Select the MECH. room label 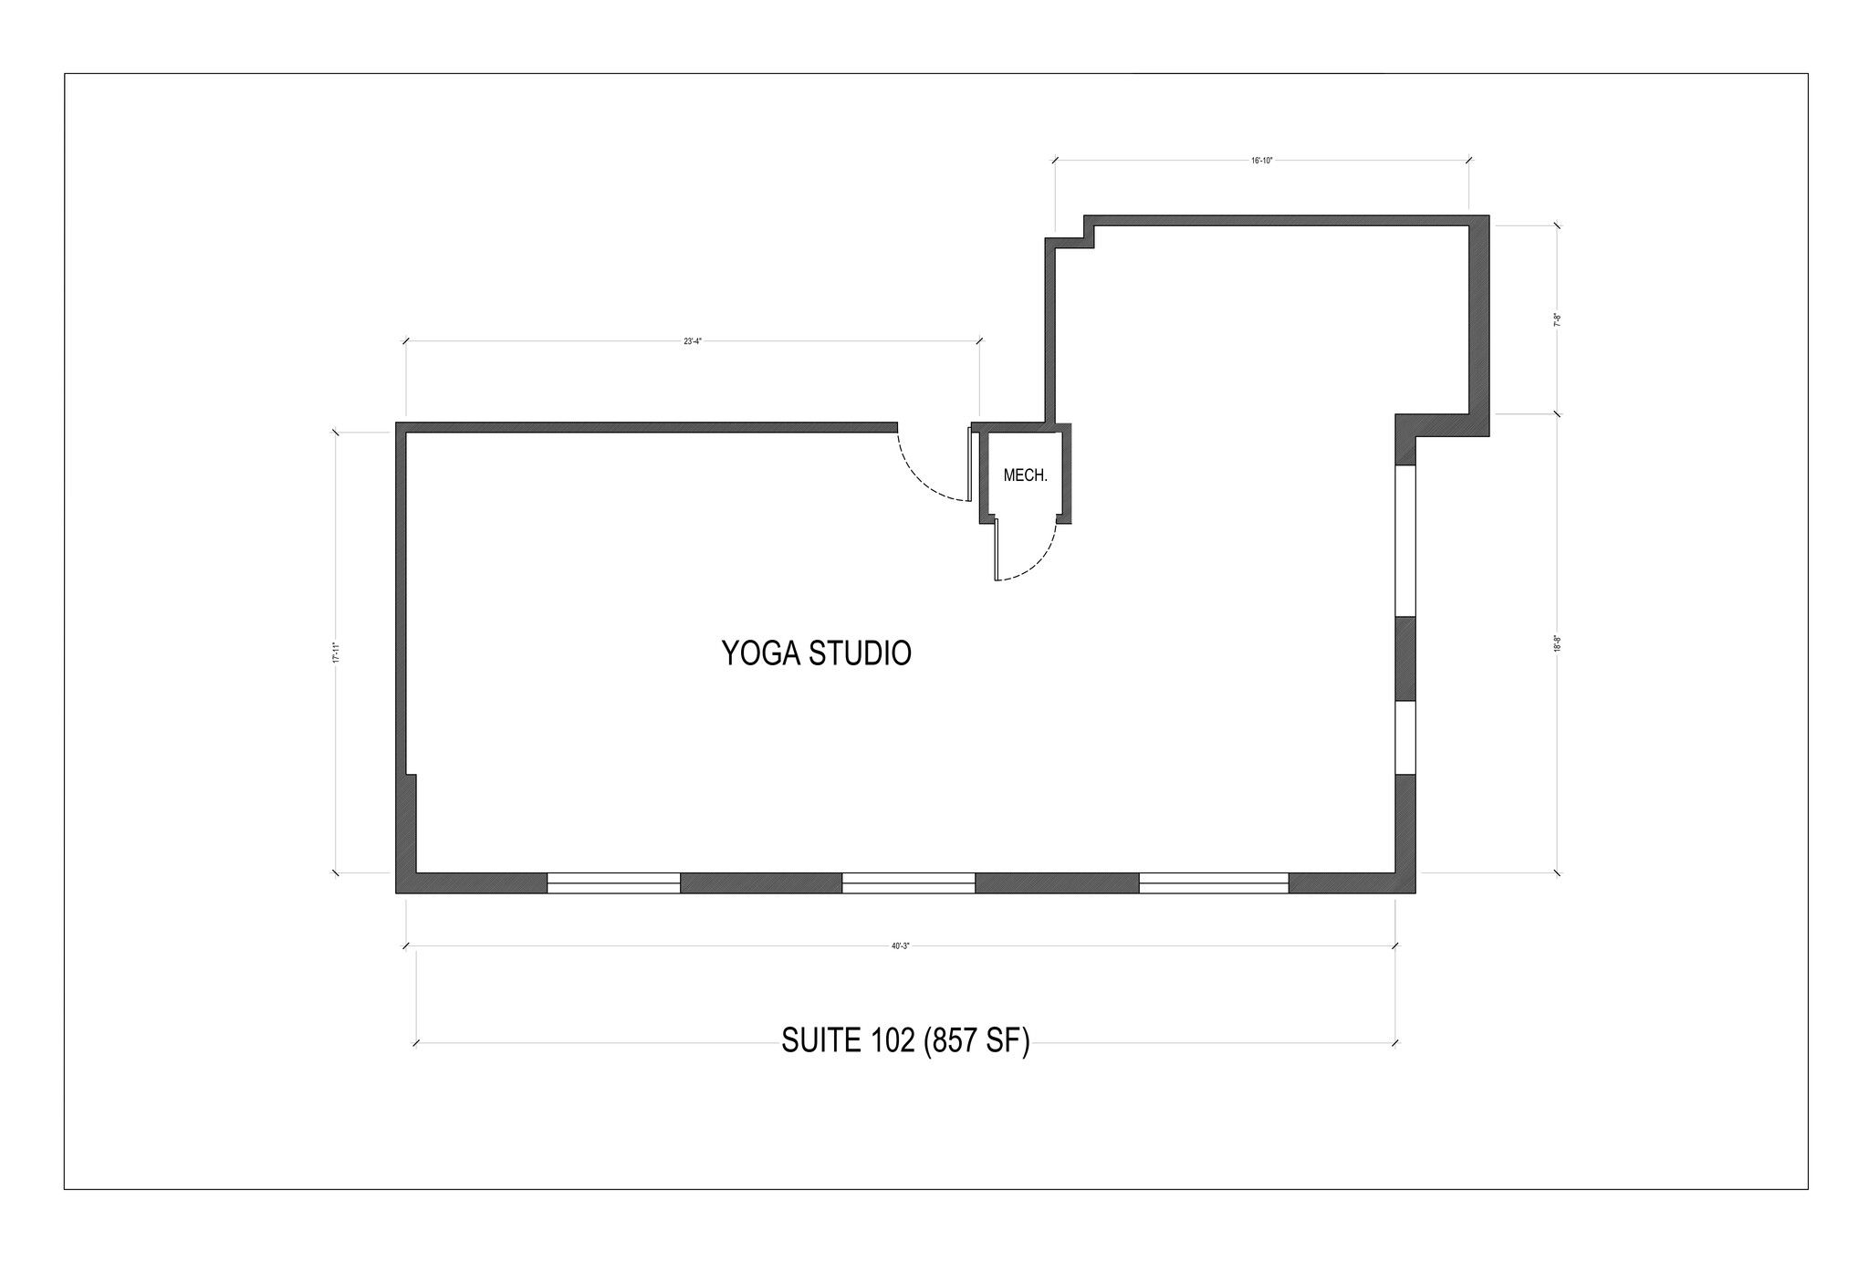click(x=1025, y=475)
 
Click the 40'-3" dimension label click(x=901, y=946)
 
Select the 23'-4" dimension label click(x=693, y=341)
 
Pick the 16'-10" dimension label click(x=1261, y=161)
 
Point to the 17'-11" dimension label click(x=336, y=653)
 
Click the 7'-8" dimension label click(x=1557, y=319)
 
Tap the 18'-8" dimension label click(x=1557, y=643)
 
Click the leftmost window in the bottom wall click(x=613, y=882)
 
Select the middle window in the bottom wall click(x=908, y=882)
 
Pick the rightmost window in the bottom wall click(x=1213, y=882)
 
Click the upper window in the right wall click(x=1405, y=540)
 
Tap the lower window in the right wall click(x=1405, y=737)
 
